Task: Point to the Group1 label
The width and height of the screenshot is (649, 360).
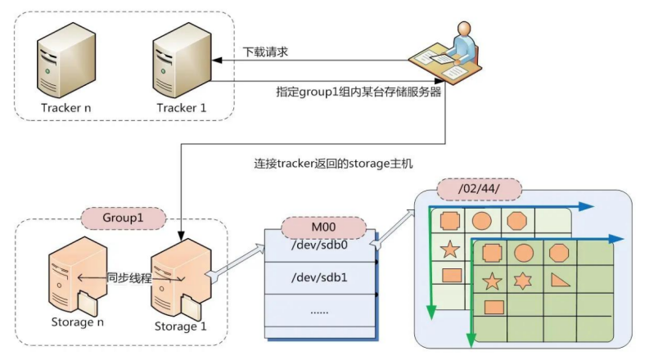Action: pyautogui.click(x=123, y=219)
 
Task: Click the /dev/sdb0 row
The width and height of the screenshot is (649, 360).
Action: pyautogui.click(x=320, y=243)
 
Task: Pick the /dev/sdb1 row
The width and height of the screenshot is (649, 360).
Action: pyautogui.click(x=320, y=276)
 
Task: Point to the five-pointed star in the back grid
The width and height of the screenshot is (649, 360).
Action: pyautogui.click(x=448, y=249)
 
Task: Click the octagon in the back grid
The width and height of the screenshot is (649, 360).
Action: pyautogui.click(x=517, y=220)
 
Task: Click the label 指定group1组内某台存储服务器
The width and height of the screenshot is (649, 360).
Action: pyautogui.click(x=358, y=92)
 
